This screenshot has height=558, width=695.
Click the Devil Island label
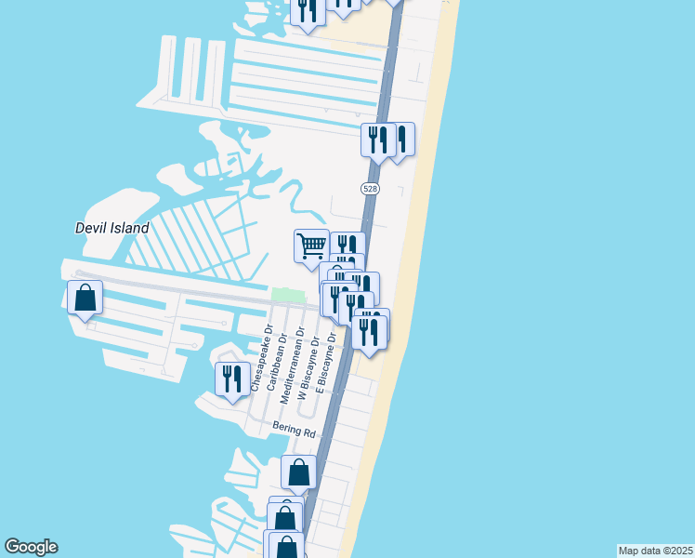(111, 228)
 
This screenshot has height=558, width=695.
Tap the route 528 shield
(370, 188)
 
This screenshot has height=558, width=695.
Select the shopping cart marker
(311, 246)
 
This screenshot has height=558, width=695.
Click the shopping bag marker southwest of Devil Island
(85, 299)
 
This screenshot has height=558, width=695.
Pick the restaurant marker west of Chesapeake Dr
(231, 379)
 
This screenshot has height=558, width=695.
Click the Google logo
(31, 547)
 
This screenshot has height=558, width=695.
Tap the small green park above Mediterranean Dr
(288, 295)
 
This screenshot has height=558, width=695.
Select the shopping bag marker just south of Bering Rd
(299, 472)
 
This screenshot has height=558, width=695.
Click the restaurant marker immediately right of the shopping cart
(347, 247)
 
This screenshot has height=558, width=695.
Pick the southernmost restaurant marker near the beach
(369, 333)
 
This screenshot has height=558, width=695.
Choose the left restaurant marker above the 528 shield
(377, 140)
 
